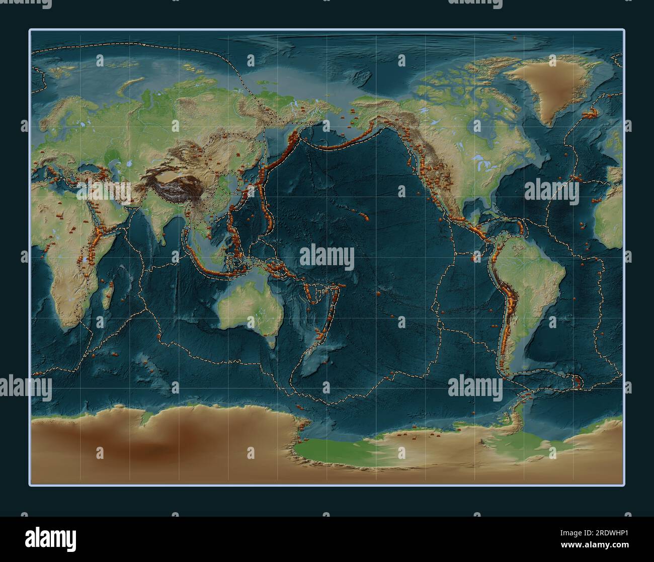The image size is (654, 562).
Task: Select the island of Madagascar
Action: [106, 297]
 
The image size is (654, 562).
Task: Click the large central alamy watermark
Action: [327, 257]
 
